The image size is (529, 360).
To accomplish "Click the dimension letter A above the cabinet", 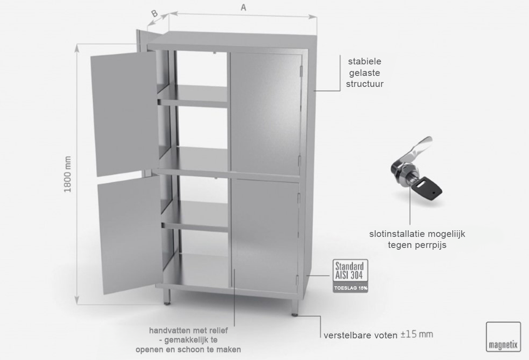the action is click(243, 7).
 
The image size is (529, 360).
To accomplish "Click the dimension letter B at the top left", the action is click(154, 14).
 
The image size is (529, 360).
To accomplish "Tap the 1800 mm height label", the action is click(67, 174).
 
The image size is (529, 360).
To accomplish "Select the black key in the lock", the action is click(426, 189).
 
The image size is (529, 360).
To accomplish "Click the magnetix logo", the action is click(503, 337).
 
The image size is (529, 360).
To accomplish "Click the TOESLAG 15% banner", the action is click(350, 288).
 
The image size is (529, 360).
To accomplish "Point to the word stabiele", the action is click(365, 61).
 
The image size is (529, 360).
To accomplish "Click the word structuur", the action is click(365, 84).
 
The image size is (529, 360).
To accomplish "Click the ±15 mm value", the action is click(417, 334).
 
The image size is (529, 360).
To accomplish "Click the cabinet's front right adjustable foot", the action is click(295, 307).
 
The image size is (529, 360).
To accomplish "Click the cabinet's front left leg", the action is click(167, 296).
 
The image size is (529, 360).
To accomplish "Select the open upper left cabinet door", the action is click(125, 114).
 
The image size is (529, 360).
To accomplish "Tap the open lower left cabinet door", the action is click(130, 235).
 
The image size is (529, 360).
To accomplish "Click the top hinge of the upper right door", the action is click(301, 71).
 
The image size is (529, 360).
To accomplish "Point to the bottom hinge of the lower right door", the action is click(298, 281).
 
